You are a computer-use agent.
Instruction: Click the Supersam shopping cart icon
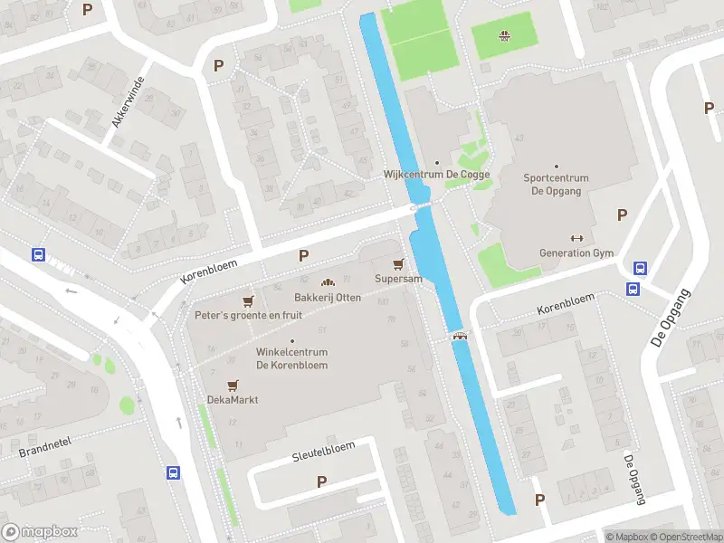pyautogui.click(x=397, y=263)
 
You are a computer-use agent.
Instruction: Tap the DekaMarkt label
pyautogui.click(x=233, y=399)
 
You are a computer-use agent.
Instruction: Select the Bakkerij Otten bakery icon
pyautogui.click(x=328, y=283)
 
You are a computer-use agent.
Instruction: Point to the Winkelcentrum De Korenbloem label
pyautogui.click(x=291, y=358)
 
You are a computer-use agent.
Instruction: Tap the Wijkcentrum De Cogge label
pyautogui.click(x=437, y=175)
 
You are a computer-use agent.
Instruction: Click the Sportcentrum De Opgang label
pyautogui.click(x=556, y=185)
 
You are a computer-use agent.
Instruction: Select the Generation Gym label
pyautogui.click(x=576, y=253)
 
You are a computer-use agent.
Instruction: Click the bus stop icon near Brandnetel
pyautogui.click(x=172, y=472)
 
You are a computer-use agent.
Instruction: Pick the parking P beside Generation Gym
pyautogui.click(x=622, y=214)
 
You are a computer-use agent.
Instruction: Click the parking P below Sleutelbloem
pyautogui.click(x=321, y=482)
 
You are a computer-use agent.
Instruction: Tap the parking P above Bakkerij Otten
pyautogui.click(x=303, y=257)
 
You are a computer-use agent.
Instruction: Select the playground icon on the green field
pyautogui.click(x=504, y=36)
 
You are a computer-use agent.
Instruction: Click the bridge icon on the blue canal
pyautogui.click(x=461, y=336)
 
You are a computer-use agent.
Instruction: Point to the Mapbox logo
pyautogui.click(x=40, y=532)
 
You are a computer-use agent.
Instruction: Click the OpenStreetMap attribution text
pyautogui.click(x=684, y=537)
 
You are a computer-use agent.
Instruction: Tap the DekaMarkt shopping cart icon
pyautogui.click(x=233, y=385)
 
